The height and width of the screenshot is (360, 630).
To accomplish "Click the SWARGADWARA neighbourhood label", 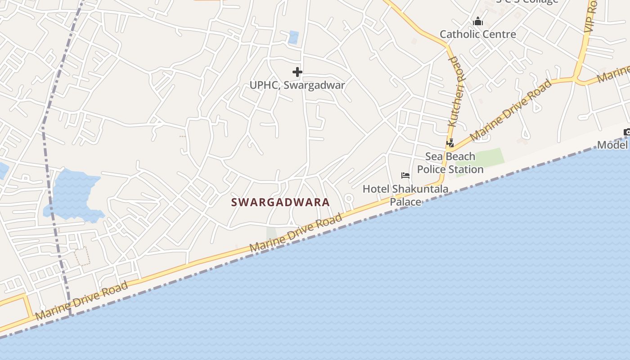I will (280, 202).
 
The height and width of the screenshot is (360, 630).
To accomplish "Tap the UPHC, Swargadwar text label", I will (297, 85).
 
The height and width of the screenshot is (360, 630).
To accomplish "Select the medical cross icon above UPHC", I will (297, 72).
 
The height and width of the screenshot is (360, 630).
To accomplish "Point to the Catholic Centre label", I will (477, 34).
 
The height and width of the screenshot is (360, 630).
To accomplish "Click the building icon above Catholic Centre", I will (477, 21).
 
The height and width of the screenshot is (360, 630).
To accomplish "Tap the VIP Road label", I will (591, 16).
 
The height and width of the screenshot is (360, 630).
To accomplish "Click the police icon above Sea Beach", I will (450, 143).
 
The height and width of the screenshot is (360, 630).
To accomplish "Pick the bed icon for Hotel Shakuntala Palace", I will (405, 175).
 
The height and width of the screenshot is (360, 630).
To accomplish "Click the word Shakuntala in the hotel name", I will (420, 189).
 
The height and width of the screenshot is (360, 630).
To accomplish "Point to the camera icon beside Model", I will (627, 132).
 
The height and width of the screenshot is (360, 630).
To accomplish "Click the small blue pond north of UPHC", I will (293, 37).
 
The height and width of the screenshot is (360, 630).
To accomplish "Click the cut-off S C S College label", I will (526, 1).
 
